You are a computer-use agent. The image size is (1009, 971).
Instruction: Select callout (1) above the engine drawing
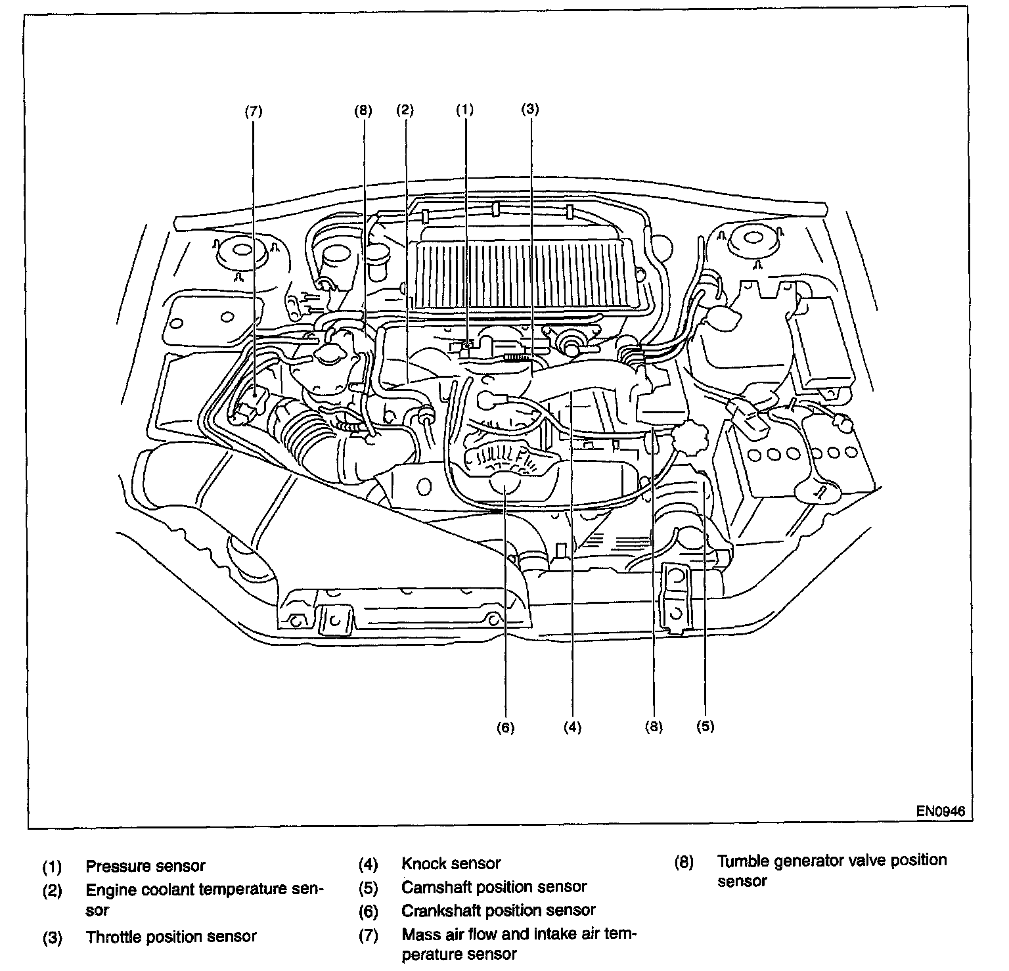point(464,110)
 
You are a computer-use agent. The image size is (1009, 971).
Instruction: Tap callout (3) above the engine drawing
point(529,110)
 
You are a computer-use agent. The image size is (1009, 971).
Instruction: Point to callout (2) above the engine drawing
point(405,110)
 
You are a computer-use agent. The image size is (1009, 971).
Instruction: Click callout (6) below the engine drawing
point(505,727)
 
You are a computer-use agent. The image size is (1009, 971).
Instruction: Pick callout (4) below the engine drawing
point(572,727)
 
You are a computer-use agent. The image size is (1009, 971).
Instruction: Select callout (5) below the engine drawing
point(705,726)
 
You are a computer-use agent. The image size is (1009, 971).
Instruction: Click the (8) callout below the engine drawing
point(654,727)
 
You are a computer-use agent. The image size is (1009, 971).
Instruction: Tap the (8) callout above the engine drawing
point(363,110)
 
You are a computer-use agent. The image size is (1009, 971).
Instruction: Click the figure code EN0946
point(941,811)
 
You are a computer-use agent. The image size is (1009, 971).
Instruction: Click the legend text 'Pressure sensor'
point(145,866)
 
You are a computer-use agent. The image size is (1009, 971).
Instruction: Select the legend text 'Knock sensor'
point(451,863)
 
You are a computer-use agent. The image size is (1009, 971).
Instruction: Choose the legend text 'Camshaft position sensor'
point(493,887)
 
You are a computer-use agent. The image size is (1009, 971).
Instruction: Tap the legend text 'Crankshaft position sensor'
point(498,911)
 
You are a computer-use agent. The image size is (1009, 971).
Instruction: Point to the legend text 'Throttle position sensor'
point(171,937)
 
